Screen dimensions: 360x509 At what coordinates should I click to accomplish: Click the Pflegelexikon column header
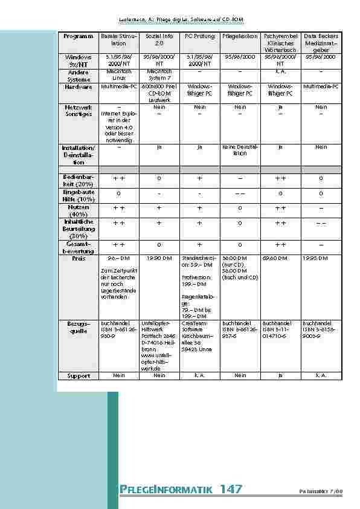tap(240, 37)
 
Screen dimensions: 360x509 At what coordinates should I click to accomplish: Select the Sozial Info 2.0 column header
tap(159, 41)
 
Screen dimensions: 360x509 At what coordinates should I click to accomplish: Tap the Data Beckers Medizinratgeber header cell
tap(321, 41)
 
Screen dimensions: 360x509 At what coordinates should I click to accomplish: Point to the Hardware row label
tap(79, 87)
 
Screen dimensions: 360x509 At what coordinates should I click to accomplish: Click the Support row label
tap(79, 375)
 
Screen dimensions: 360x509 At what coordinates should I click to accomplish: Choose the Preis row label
tap(79, 258)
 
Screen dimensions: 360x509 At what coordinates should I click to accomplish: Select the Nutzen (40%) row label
tap(79, 210)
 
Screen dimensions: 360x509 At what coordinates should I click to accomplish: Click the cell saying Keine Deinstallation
tap(240, 150)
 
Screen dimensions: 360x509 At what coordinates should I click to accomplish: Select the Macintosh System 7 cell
tap(159, 74)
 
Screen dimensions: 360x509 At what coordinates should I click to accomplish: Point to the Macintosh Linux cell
tap(119, 74)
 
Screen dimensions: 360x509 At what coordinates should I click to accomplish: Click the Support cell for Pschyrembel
tap(280, 375)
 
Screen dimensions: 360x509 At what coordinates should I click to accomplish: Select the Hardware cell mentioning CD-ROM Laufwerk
tap(159, 93)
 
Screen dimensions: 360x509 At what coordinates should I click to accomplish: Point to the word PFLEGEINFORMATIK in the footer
tap(167, 489)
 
